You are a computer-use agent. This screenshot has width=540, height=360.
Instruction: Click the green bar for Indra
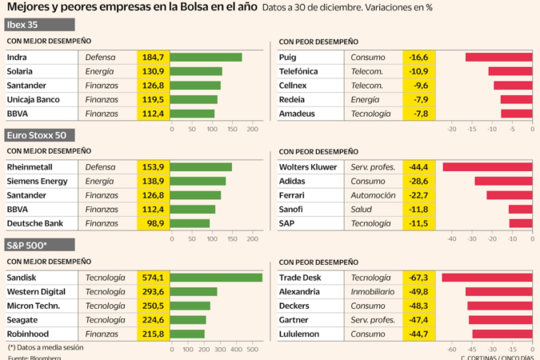click(x=206, y=58)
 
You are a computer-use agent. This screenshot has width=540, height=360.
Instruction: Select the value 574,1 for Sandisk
click(x=153, y=278)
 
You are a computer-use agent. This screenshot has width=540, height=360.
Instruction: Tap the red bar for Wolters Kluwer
click(x=487, y=167)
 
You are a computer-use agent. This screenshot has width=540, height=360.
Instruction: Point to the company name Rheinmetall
click(x=30, y=167)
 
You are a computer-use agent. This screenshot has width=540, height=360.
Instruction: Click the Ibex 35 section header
click(x=24, y=25)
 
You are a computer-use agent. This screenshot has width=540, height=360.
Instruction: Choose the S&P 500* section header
click(x=28, y=243)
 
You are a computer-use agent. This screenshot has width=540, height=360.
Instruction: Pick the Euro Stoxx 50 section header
click(x=36, y=134)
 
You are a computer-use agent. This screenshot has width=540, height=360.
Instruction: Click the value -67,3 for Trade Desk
click(x=418, y=278)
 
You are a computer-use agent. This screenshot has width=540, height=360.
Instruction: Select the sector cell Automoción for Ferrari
click(x=373, y=195)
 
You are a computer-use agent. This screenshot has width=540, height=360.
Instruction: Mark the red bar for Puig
click(x=498, y=58)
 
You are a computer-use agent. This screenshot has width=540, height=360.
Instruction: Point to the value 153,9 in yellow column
click(x=153, y=167)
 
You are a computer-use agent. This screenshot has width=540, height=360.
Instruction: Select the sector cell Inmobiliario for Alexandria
click(x=374, y=292)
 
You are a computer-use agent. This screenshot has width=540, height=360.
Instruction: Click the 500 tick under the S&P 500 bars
click(x=253, y=349)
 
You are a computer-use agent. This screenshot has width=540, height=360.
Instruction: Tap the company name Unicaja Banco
click(x=37, y=100)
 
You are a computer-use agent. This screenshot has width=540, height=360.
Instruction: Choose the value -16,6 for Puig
click(x=418, y=58)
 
